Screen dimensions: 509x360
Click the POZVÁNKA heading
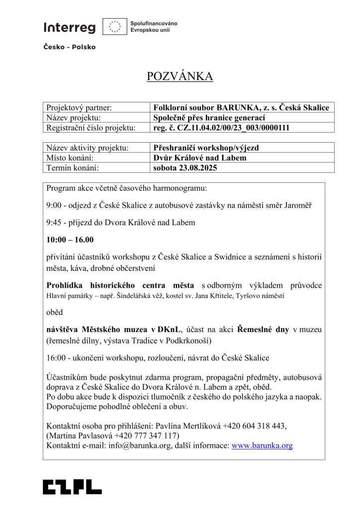click(x=180, y=76)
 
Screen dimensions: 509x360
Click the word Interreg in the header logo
click(x=69, y=28)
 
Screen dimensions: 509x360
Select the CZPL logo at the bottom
click(x=72, y=487)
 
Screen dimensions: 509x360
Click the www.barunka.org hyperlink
click(x=262, y=445)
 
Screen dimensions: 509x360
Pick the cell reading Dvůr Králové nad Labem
click(x=200, y=158)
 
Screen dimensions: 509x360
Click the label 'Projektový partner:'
click(x=79, y=107)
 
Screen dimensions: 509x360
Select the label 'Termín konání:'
click(x=72, y=168)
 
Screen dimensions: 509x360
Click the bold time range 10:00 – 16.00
click(x=70, y=240)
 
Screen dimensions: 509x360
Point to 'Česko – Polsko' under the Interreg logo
click(x=69, y=47)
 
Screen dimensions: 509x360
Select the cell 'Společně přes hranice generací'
click(x=209, y=118)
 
